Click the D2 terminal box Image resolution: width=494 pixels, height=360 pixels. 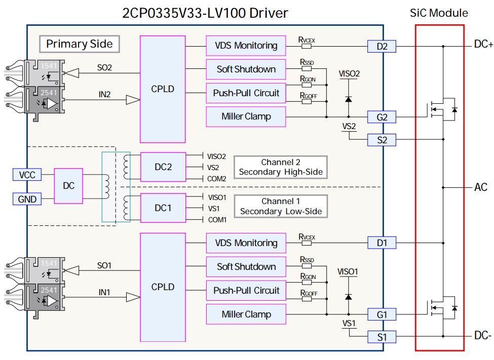[382, 46]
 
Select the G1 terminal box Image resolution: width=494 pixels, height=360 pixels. [382, 314]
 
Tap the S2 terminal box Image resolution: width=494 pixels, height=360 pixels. [382, 140]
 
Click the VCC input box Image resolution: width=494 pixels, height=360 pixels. [27, 175]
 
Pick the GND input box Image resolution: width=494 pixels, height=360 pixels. [27, 199]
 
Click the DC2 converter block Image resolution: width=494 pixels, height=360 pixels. [163, 167]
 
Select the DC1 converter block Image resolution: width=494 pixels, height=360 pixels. [163, 208]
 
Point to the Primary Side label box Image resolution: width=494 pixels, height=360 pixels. [80, 44]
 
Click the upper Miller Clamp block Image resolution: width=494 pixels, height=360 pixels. [246, 116]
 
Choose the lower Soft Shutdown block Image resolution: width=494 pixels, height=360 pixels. [246, 267]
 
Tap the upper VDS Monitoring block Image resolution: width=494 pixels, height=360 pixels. [246, 46]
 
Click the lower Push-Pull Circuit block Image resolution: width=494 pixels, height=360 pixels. [246, 291]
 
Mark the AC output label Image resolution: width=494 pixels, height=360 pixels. [481, 187]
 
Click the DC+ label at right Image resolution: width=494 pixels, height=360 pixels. [483, 44]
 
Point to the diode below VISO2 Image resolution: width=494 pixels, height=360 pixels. [349, 100]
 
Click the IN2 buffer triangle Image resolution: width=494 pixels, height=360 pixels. [133, 100]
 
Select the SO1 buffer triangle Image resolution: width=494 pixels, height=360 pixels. [71, 270]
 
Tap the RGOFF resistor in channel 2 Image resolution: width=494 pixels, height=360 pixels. [307, 101]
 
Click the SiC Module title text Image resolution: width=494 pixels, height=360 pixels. [439, 13]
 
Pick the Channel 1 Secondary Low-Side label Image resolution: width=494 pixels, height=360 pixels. [281, 206]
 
